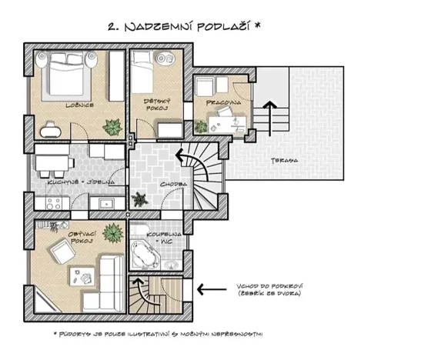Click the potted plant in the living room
pos(115,232)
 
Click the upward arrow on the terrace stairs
pos(269,109)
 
